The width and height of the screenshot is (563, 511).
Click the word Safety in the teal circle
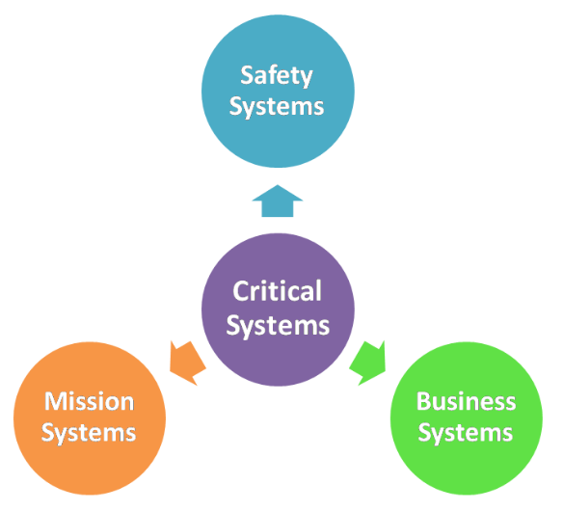pos(278,74)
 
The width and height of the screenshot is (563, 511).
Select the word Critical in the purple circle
pos(278,291)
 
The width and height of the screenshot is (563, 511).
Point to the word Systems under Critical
pos(278,325)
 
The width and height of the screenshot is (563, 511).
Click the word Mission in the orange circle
pos(89,401)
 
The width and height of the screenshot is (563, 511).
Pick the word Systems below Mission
pos(89,433)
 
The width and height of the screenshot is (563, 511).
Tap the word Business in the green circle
pos(466,401)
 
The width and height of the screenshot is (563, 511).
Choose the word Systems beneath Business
pos(466,433)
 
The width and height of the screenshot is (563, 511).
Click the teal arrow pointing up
pos(278,202)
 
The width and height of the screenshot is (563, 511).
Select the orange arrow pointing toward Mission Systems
pos(187,360)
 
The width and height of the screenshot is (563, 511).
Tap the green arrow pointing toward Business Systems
pos(368,360)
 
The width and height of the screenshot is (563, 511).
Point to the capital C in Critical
pos(241,291)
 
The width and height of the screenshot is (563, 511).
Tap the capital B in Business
pos(423,401)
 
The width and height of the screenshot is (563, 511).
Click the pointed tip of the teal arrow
pos(278,187)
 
